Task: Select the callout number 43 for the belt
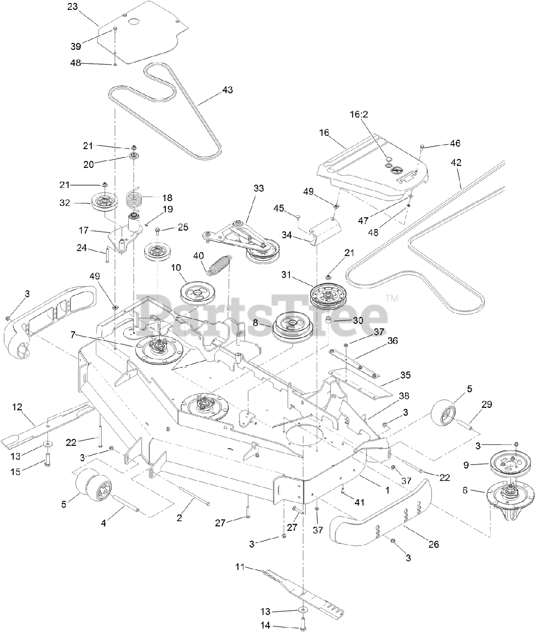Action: pyautogui.click(x=227, y=90)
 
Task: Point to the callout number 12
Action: pyautogui.click(x=17, y=407)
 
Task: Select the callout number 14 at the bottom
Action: pyautogui.click(x=265, y=626)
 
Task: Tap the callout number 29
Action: pyautogui.click(x=487, y=404)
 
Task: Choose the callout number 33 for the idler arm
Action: pyautogui.click(x=258, y=188)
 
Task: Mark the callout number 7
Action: pyautogui.click(x=73, y=335)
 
